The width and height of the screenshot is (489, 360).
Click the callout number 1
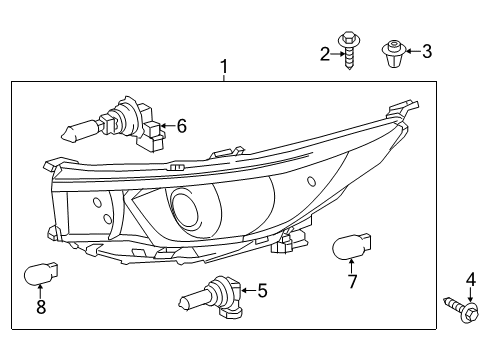tap(224, 67)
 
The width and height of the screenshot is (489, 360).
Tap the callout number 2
tap(325, 53)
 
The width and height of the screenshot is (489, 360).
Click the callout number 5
tap(262, 291)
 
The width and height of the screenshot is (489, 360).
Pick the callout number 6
tap(181, 126)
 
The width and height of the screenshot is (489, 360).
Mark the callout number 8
tap(41, 308)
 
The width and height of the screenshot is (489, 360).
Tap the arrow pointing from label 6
tap(167, 127)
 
